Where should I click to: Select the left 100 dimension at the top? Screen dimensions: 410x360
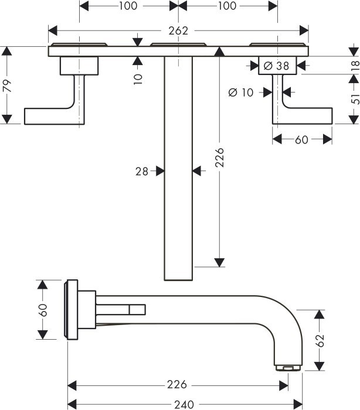pos(128,6)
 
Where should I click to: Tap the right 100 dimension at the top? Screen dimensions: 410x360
pos(226,6)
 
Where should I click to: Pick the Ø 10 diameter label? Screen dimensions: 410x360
pos(240,91)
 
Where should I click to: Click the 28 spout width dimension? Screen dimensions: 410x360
pos(141,171)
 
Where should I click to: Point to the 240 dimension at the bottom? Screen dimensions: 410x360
pos(186,404)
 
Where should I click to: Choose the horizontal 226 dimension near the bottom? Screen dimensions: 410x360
pos(176,385)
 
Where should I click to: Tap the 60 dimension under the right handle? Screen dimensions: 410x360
pos(302,140)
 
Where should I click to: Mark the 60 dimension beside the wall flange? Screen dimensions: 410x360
pos(43,310)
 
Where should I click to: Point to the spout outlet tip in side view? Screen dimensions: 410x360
pos(288,367)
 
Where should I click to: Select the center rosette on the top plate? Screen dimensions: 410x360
pos(178,45)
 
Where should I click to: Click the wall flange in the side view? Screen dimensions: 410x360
pos(71,309)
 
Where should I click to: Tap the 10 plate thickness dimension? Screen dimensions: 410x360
pos(137,77)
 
